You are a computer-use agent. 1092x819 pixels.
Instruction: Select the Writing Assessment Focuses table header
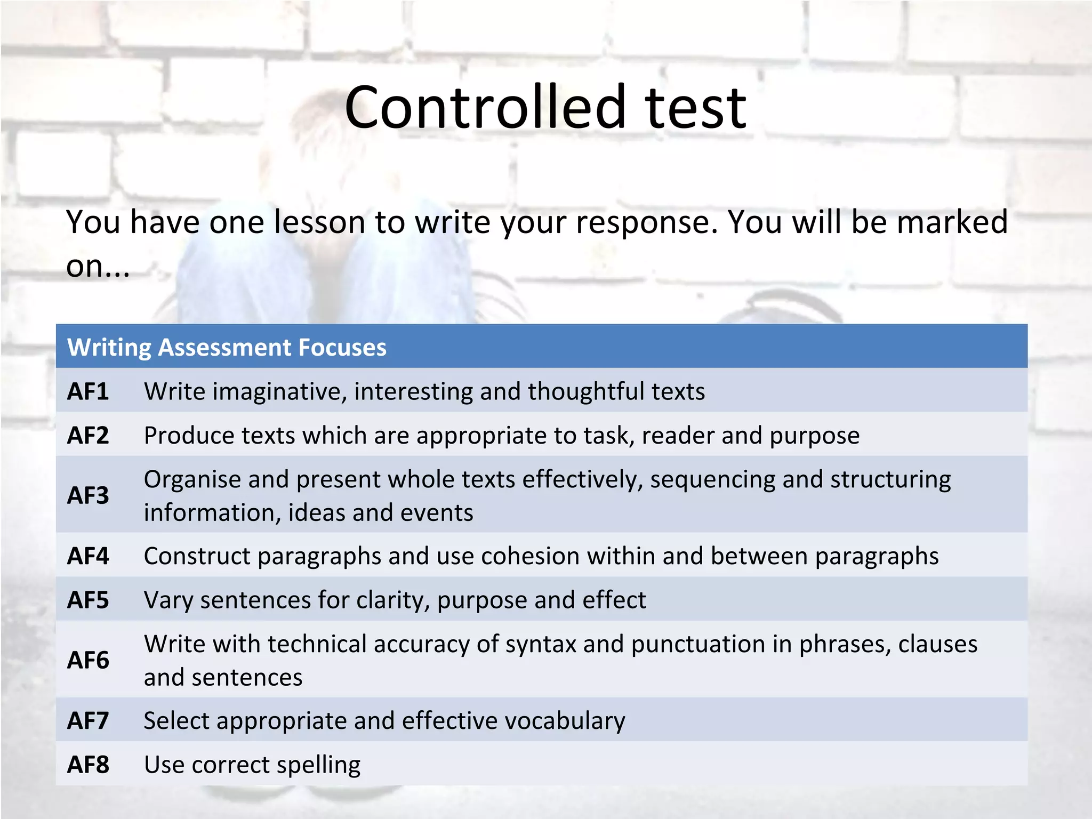tap(227, 348)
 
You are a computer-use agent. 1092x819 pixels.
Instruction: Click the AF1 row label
tap(88, 392)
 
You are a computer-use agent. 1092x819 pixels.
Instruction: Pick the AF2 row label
tap(88, 436)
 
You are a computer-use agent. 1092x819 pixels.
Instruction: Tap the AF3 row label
tap(88, 496)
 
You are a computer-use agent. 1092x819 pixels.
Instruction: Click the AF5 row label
tap(88, 600)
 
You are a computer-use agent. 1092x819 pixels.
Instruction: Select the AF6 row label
tap(88, 661)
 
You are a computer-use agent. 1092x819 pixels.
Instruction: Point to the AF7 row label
tap(88, 721)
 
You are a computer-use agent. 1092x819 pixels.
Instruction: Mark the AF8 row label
tap(88, 765)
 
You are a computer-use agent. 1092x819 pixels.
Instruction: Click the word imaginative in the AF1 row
tap(279, 392)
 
